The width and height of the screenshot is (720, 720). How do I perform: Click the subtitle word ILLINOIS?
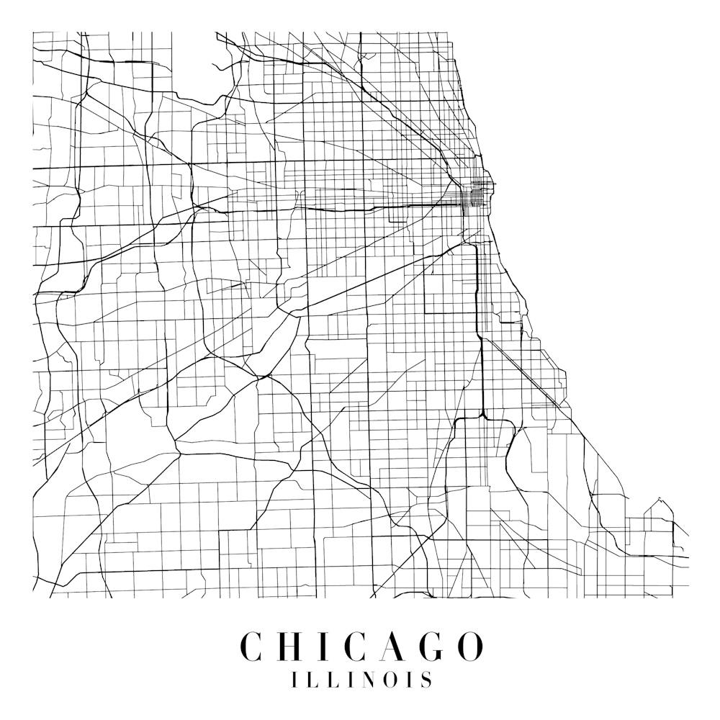point(361,680)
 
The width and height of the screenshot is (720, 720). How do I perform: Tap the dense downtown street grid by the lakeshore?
point(478,190)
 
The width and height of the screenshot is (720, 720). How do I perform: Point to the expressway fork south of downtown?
point(483,415)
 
